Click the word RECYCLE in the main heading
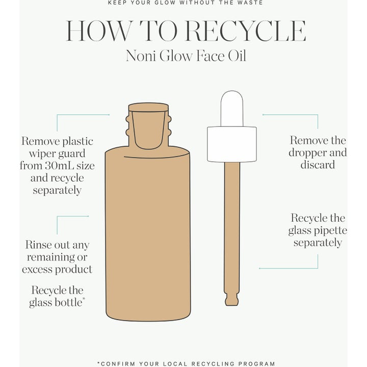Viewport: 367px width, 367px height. click(x=246, y=31)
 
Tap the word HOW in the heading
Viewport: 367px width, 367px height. click(x=99, y=31)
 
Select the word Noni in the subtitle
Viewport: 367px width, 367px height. click(x=141, y=56)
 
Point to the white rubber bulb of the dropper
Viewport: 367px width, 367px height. click(x=232, y=109)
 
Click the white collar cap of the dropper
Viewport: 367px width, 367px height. click(x=232, y=144)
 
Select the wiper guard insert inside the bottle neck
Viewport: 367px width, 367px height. click(x=148, y=130)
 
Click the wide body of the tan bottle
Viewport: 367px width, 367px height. click(x=148, y=234)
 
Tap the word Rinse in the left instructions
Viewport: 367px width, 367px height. click(x=38, y=245)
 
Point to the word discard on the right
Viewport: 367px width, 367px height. click(x=318, y=165)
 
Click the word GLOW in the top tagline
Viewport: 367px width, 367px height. click(x=165, y=3)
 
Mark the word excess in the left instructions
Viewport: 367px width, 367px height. click(x=37, y=270)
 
